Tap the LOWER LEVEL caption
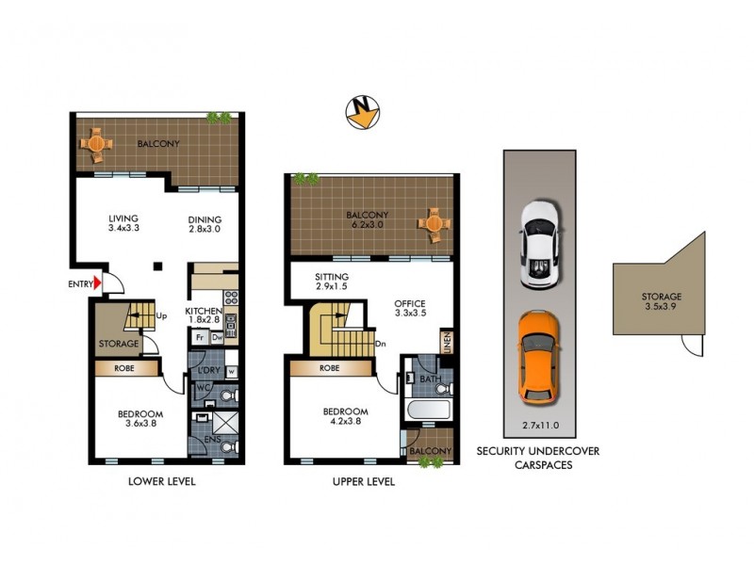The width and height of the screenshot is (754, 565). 167,481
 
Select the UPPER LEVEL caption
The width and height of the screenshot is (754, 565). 364,481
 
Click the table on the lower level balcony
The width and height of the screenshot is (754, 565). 96,144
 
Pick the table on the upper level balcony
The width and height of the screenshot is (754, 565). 433,223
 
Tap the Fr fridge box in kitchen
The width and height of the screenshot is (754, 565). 200,336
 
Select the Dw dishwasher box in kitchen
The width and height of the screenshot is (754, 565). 217,336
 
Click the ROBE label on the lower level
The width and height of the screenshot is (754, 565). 124,368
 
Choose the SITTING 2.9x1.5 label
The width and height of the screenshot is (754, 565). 336,282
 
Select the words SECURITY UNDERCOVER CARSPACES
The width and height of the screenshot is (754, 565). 538,458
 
